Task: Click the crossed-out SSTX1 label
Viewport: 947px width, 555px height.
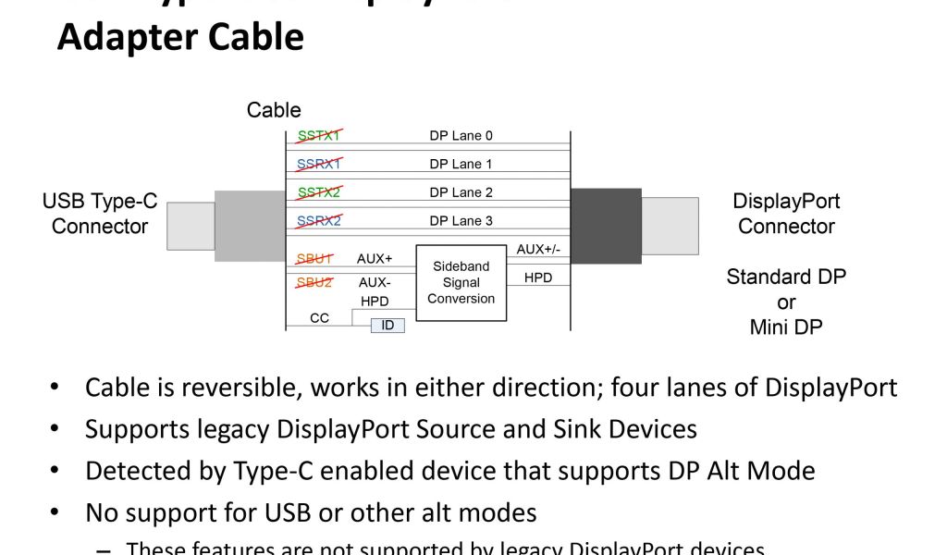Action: pyautogui.click(x=319, y=136)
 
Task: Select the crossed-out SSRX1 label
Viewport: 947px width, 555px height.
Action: pyautogui.click(x=319, y=164)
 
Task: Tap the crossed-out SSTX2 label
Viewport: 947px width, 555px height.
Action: pyautogui.click(x=319, y=192)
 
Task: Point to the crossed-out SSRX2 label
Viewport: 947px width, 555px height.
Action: pyautogui.click(x=319, y=221)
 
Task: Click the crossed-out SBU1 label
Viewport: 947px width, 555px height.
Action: pyautogui.click(x=314, y=259)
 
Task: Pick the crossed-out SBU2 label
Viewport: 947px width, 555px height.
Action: pyautogui.click(x=314, y=282)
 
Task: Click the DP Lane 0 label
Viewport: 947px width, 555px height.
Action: pyautogui.click(x=461, y=136)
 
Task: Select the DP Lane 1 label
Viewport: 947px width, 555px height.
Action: pyautogui.click(x=461, y=164)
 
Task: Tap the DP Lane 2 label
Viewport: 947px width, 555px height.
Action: pyautogui.click(x=461, y=192)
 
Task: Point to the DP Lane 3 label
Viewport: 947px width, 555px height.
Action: pyautogui.click(x=461, y=221)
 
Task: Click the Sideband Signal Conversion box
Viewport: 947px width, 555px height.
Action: pyautogui.click(x=461, y=282)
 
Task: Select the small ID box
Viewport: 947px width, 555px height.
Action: pyautogui.click(x=387, y=325)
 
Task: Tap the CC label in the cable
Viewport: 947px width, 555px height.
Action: pyautogui.click(x=319, y=318)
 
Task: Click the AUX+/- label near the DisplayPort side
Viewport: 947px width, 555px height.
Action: pyautogui.click(x=536, y=250)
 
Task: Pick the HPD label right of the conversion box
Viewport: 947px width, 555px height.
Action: pyautogui.click(x=537, y=277)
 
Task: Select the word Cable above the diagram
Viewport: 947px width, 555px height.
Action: pyautogui.click(x=273, y=110)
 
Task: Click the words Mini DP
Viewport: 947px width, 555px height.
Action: pyautogui.click(x=786, y=327)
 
